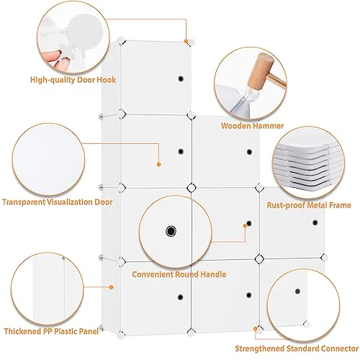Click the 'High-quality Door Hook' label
point(73,80)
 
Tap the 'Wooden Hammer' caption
point(252,126)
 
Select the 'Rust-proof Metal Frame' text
point(309,205)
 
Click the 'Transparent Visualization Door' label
point(58,202)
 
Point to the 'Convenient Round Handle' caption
point(179,274)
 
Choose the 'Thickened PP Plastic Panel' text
point(51,331)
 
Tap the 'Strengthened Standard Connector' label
point(297,348)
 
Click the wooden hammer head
point(261,71)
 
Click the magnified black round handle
point(171,231)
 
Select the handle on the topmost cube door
point(181,78)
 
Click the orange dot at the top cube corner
point(186,41)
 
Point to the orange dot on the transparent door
point(158,164)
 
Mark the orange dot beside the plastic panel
point(111,287)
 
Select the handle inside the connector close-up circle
point(297,292)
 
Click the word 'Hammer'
point(269,126)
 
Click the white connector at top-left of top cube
point(120,40)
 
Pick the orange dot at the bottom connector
point(256,328)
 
